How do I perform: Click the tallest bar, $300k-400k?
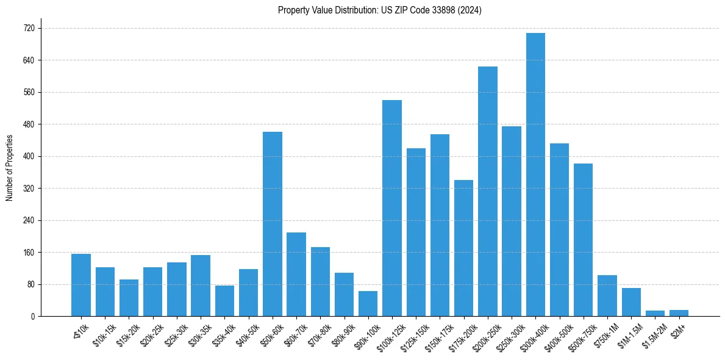pos(535,175)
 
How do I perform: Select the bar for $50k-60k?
pos(273,224)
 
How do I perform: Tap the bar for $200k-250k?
pos(488,191)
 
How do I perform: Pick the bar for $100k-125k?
pos(392,208)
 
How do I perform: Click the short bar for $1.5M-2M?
pos(655,314)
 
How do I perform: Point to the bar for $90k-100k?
pos(368,304)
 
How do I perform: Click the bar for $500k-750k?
pos(583,240)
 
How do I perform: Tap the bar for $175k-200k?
pos(463,248)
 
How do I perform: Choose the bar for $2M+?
pos(679,313)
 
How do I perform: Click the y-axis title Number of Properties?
pos(9,168)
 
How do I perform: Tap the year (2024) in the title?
pos(470,10)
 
